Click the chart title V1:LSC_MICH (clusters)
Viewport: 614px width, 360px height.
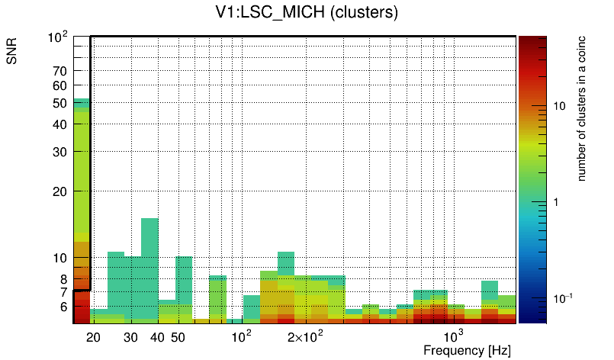(x=307, y=13)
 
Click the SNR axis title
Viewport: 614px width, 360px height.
(x=13, y=51)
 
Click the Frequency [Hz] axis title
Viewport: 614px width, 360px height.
(x=467, y=350)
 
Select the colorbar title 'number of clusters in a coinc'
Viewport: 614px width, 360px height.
(x=581, y=108)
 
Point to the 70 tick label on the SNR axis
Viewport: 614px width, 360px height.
(x=59, y=71)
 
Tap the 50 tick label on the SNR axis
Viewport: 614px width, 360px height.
(x=59, y=103)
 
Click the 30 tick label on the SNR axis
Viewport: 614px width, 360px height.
(x=59, y=152)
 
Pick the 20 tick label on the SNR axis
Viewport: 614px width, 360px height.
(x=59, y=191)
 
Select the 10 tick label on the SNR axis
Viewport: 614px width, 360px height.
(x=59, y=259)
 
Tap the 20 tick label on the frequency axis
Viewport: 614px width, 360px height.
(x=93, y=337)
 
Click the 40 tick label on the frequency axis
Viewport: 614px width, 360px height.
(x=157, y=337)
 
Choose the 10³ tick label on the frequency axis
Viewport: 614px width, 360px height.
(x=453, y=336)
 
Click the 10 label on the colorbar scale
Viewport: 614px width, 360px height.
(x=558, y=106)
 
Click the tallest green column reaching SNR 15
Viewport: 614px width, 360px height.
(x=149, y=267)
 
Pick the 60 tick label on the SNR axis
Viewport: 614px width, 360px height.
(x=59, y=86)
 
